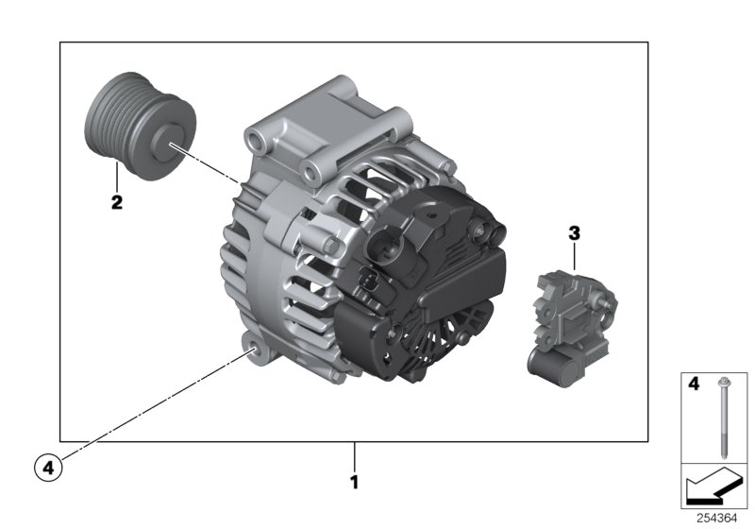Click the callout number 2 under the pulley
click(x=116, y=201)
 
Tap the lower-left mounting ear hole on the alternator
click(x=254, y=353)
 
